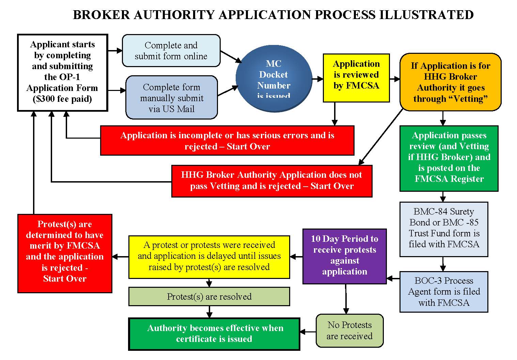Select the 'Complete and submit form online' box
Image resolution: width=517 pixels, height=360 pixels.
171,51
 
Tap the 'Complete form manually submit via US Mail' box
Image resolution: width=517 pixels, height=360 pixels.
172,98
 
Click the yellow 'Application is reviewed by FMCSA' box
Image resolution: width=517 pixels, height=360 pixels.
356,78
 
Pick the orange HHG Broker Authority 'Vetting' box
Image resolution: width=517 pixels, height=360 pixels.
450,82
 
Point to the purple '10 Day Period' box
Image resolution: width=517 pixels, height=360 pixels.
345,256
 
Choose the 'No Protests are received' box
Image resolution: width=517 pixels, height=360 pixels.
349,330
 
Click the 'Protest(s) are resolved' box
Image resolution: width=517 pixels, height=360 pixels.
209,297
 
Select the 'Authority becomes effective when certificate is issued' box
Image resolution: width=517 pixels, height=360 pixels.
214,334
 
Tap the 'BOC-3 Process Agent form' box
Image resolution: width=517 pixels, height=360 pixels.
444,292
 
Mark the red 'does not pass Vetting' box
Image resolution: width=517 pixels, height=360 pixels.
271,181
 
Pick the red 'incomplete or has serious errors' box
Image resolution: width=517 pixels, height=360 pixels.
227,141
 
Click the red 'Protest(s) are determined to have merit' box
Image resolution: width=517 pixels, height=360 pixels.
65,253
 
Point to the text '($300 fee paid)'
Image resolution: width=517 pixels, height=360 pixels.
62,99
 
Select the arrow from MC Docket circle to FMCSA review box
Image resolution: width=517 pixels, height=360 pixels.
317,79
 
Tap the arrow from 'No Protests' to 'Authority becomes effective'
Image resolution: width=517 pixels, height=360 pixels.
308,332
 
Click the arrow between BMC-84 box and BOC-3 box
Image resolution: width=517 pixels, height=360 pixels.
443,264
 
